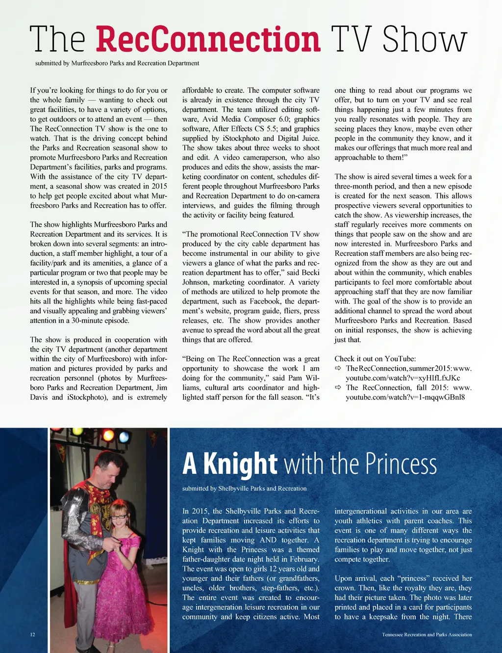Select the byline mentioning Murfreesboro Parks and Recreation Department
tap(117, 63)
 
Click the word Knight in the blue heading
tap(240, 464)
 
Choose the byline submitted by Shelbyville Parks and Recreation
tap(244, 489)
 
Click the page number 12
tap(32, 634)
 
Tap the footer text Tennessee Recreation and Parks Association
tap(427, 634)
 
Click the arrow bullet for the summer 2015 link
tap(338, 368)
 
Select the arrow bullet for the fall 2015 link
tap(338, 387)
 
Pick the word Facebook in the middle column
tap(265, 301)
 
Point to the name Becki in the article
tap(310, 272)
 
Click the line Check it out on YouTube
tap(375, 359)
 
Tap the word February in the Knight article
tap(303, 559)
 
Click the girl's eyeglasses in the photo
tap(119, 517)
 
